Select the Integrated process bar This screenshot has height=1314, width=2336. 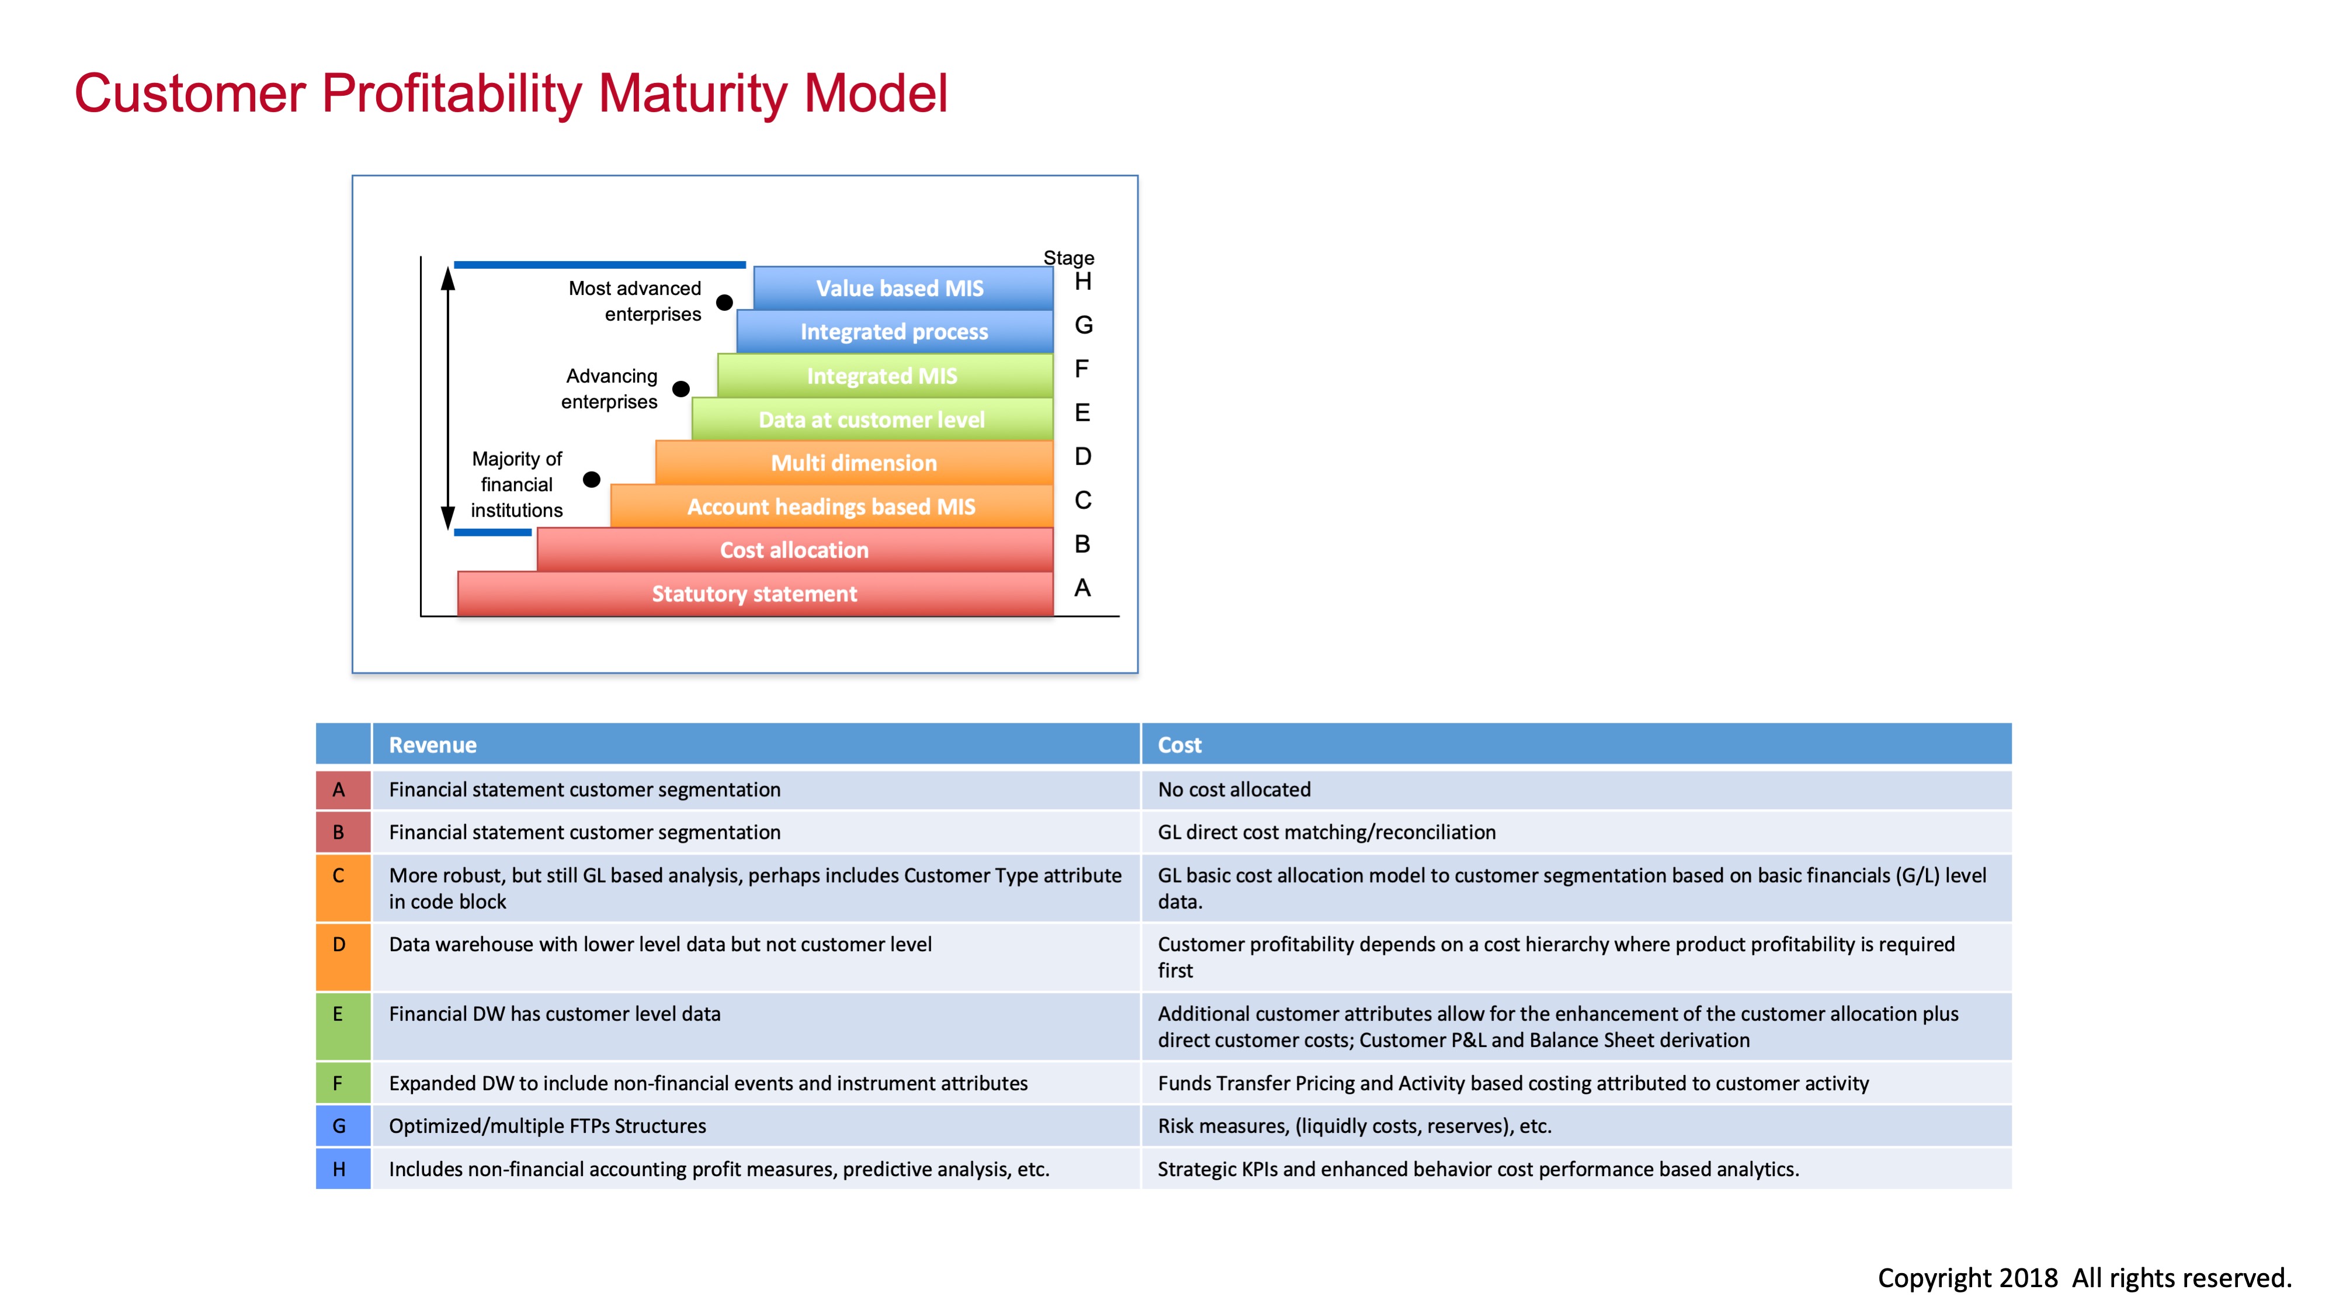(x=894, y=332)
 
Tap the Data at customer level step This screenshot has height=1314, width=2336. (x=872, y=420)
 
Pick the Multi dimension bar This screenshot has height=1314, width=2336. (x=853, y=463)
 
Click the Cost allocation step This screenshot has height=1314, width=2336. (x=794, y=550)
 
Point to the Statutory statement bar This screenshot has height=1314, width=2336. (x=755, y=594)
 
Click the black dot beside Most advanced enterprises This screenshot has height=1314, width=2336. (x=724, y=303)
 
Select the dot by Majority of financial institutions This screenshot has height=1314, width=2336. (x=591, y=480)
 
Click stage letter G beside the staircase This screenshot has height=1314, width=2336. (x=1083, y=325)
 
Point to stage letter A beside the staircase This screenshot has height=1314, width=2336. (x=1082, y=588)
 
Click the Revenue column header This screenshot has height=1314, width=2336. (x=432, y=746)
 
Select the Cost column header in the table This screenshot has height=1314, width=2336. (x=1179, y=746)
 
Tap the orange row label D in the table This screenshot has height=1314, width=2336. (x=339, y=945)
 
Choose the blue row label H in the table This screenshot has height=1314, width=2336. (x=339, y=1170)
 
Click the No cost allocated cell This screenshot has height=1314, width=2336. (x=1234, y=790)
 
